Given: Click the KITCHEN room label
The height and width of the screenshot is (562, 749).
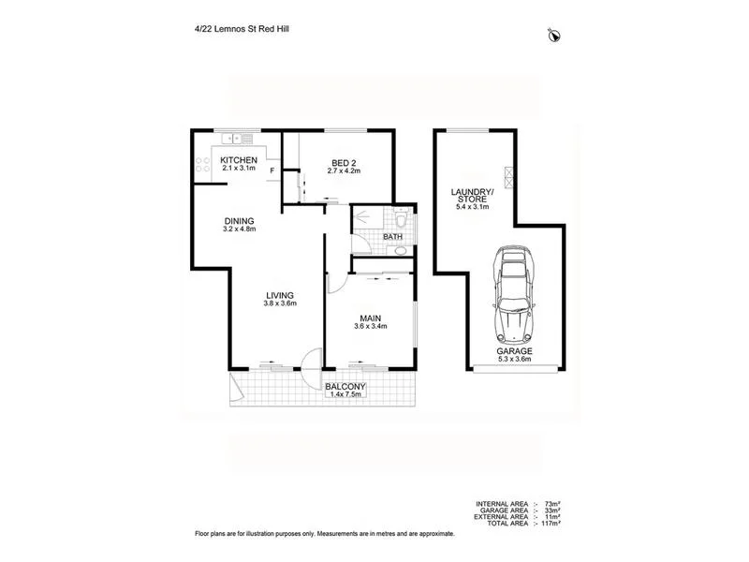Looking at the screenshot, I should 238,160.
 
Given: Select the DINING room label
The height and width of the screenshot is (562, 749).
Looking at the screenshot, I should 240,221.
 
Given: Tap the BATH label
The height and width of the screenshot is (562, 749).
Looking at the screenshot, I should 393,237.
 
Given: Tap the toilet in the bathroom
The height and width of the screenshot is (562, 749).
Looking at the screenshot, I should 400,221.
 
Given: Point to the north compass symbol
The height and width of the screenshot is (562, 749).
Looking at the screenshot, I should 554,36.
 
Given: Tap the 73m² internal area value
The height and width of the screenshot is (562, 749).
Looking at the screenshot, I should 545,503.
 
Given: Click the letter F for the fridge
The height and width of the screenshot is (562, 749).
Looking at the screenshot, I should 272,171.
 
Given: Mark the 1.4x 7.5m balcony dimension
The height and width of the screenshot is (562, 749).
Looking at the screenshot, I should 345,395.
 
